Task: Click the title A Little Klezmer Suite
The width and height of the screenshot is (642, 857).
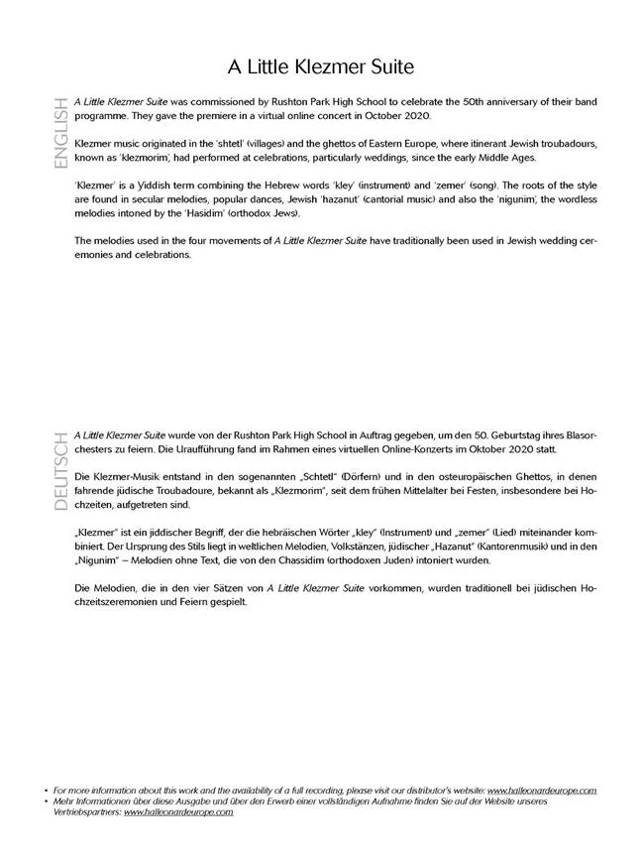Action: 320,67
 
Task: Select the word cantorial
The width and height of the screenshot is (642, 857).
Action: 371,198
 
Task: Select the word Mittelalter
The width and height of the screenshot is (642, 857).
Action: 442,490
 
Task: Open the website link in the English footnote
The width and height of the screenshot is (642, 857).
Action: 542,792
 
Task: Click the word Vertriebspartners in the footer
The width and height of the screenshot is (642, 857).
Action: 87,812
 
